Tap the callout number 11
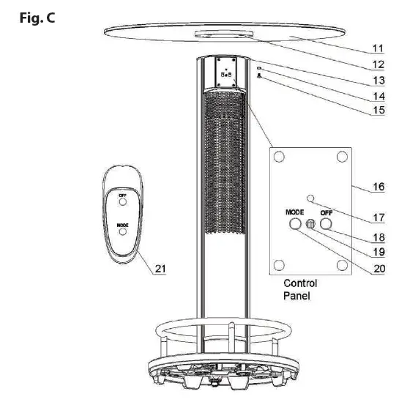377,50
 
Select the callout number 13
377,80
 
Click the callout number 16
378,187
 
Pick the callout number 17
378,217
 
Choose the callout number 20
378,268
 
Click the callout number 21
160,269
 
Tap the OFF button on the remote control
122,204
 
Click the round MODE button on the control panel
295,225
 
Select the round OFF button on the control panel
326,225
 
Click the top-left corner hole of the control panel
278,157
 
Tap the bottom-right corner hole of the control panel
341,264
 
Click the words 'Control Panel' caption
300,289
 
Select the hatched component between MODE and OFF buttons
310,226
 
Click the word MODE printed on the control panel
295,212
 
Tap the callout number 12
377,64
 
